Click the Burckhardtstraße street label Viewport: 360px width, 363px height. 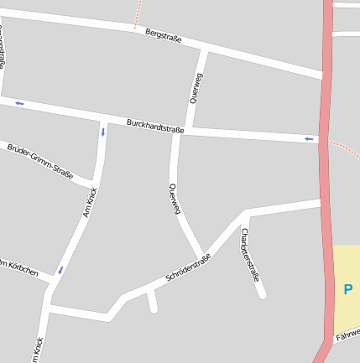155,126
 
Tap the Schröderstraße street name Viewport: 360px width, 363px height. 188,267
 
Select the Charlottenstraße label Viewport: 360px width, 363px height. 250,254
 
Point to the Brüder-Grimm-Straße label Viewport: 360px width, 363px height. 39,162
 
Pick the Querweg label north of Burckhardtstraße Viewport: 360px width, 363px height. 197,88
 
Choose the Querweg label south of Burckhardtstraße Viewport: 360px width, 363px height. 175,200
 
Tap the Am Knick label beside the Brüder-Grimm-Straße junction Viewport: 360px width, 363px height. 90,203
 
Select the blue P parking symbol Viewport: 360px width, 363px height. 347,290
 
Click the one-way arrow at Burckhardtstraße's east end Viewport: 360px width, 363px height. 309,138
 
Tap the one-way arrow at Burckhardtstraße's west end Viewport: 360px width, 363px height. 18,103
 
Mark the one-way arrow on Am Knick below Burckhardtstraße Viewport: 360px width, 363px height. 103,132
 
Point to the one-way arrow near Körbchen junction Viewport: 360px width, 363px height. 60,270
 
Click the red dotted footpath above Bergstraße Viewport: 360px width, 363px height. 137,13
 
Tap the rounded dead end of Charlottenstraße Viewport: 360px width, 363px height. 262,294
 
